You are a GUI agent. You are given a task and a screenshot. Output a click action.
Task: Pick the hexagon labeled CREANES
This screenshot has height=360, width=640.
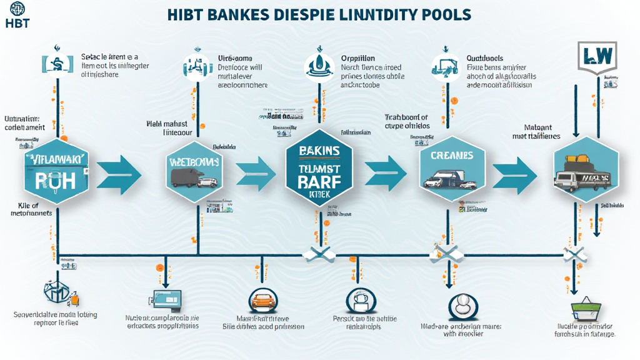(x=447, y=167)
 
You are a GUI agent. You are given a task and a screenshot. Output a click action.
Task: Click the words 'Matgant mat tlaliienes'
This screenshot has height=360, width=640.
(x=536, y=131)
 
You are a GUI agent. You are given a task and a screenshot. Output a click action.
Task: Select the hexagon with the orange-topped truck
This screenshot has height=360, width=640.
(x=584, y=169)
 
